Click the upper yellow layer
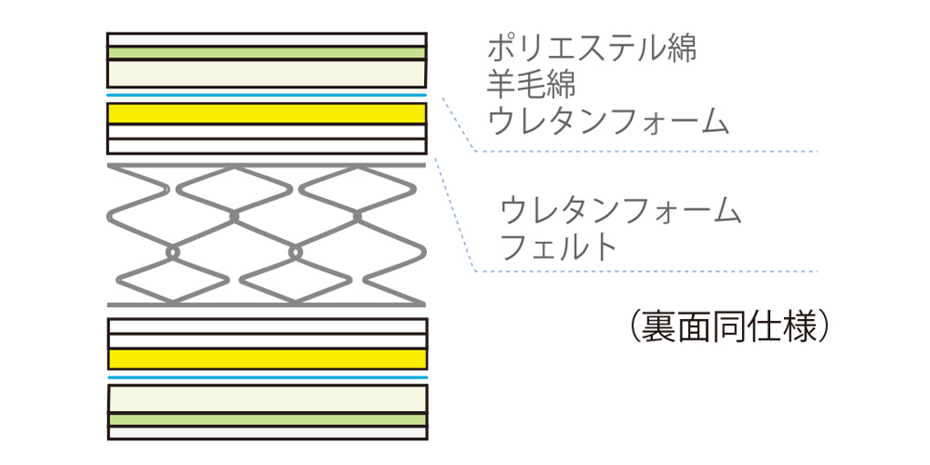(x=268, y=113)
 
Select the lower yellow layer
(x=268, y=359)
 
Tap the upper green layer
(x=268, y=53)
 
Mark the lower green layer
(x=268, y=420)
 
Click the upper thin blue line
(x=268, y=95)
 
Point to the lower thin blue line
(x=268, y=379)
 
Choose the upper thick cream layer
(x=268, y=73)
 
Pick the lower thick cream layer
(x=268, y=399)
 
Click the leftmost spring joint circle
(x=172, y=251)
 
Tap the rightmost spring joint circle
(x=357, y=216)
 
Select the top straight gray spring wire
(x=268, y=165)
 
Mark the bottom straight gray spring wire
(x=268, y=304)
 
